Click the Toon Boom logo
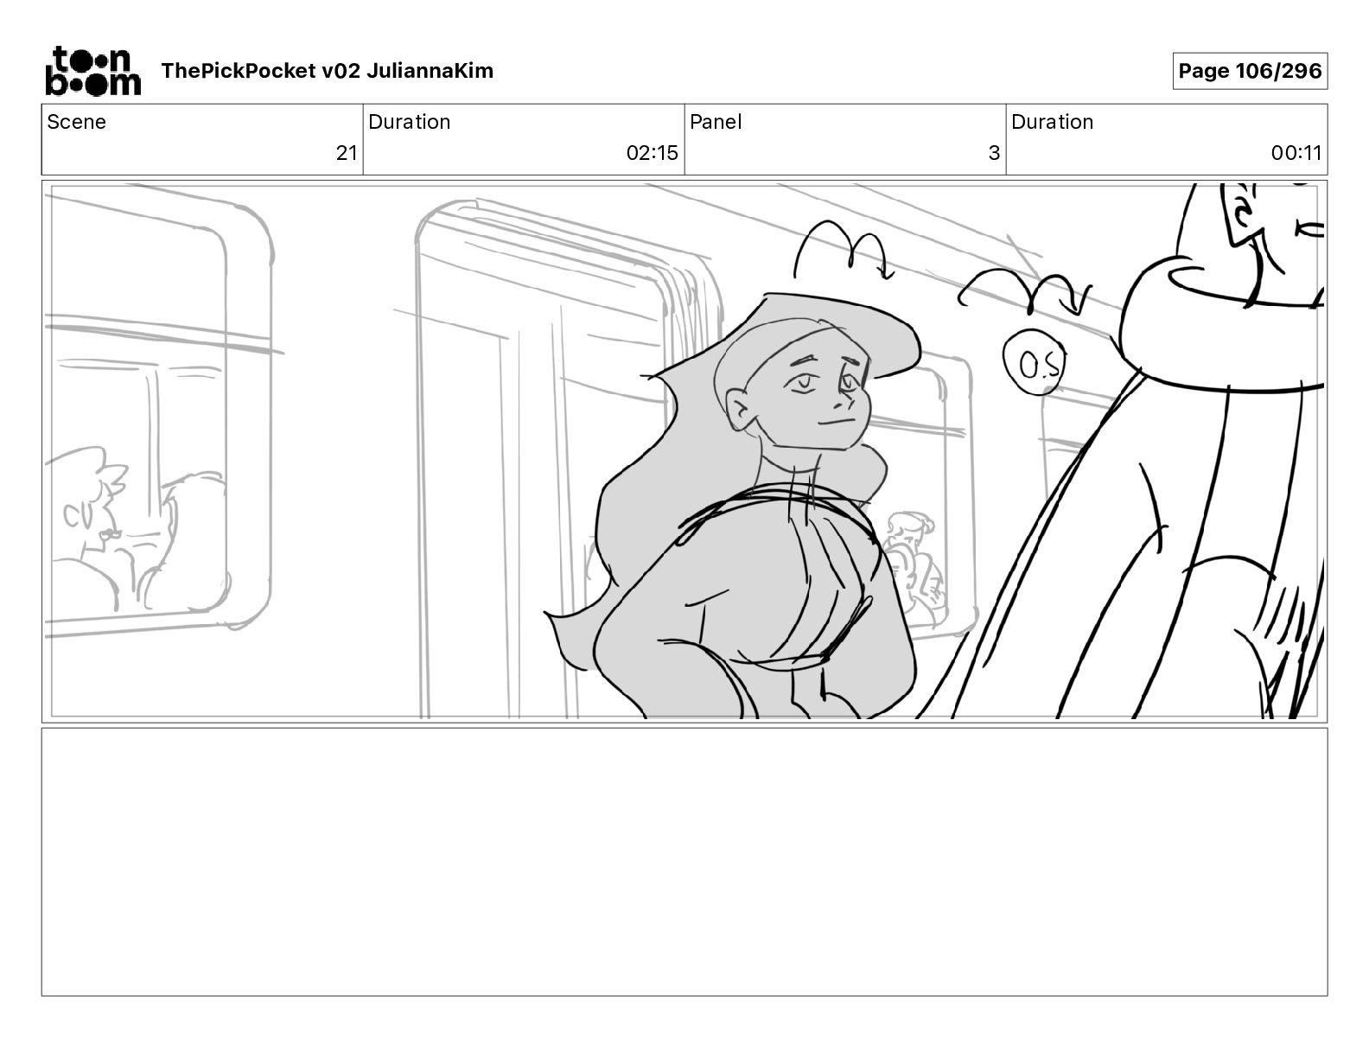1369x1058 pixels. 93,71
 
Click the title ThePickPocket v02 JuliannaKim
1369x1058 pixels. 327,71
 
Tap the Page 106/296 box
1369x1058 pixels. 1250,71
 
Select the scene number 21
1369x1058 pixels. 347,152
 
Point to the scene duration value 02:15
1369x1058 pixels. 652,152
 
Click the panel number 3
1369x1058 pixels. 994,152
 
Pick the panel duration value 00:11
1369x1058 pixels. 1296,152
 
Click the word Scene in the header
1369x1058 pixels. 76,122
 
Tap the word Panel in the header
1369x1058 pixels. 715,122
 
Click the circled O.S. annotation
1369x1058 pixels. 1033,362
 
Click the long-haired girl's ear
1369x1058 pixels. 738,410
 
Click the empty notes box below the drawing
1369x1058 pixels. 684,862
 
